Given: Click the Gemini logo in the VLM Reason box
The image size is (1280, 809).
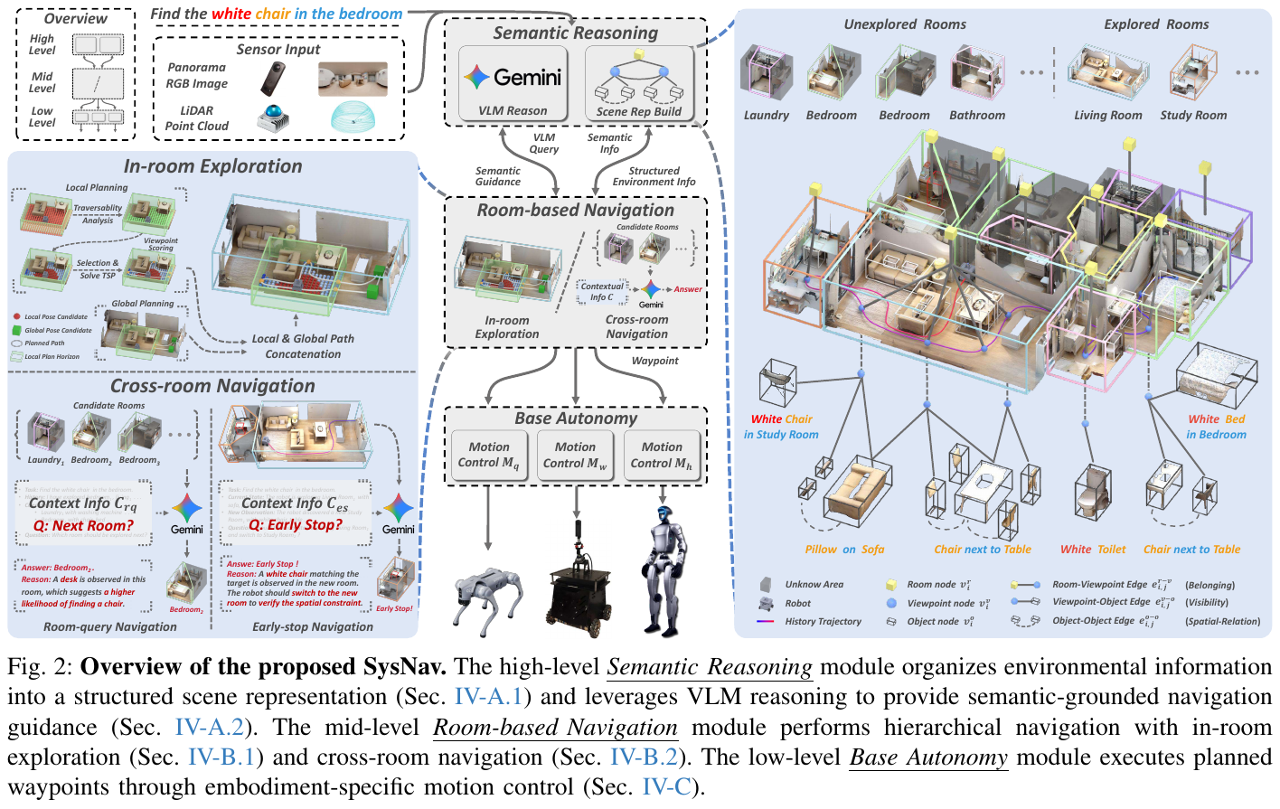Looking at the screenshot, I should click(x=476, y=78).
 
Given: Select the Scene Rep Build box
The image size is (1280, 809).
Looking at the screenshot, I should click(x=639, y=83).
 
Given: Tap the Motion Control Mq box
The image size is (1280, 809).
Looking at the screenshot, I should click(x=488, y=455).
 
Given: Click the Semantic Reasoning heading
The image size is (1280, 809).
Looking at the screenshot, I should click(x=575, y=33).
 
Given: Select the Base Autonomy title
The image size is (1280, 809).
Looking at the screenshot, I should click(x=576, y=419).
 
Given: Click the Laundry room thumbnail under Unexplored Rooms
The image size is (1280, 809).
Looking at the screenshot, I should click(x=766, y=74).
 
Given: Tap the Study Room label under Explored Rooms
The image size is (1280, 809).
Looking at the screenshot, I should click(x=1193, y=116).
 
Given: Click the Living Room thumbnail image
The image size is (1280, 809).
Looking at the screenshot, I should click(x=1107, y=72).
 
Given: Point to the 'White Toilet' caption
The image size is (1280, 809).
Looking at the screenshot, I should click(x=1093, y=550).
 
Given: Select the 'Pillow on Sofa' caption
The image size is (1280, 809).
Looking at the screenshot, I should click(x=844, y=550).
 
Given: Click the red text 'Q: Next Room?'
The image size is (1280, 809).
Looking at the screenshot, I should click(x=83, y=526).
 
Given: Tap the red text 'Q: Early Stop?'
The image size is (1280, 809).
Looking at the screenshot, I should click(x=296, y=525).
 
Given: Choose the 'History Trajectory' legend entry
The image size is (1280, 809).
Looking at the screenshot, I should click(x=823, y=622).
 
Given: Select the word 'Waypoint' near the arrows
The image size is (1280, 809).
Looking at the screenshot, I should click(x=654, y=361).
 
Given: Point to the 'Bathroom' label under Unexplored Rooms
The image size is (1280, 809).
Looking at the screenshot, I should click(x=977, y=116).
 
